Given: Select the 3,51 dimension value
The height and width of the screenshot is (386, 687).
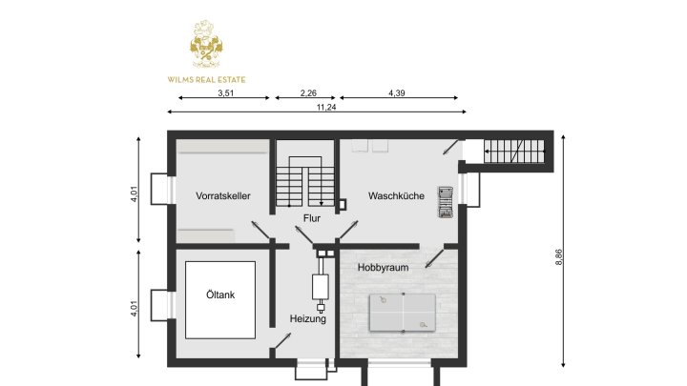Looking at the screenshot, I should pos(225,92).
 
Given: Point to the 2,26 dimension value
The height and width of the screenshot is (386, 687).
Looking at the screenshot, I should pos(307,92).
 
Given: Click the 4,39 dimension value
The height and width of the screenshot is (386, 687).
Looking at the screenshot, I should pos(398,92).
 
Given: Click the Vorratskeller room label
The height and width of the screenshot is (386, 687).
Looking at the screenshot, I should pos(222,196).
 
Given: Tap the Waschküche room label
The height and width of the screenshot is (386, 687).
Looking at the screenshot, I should pos(396,196).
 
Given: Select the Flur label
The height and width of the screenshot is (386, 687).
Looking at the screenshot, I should pos(311,218).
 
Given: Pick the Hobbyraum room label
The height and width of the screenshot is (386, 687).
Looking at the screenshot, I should pos(383,268).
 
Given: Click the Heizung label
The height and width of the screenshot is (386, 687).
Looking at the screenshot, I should pos(308,319).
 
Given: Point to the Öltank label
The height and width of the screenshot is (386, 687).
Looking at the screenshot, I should pos(219,295).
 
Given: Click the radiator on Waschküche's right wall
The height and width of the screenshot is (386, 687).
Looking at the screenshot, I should pos(445,200).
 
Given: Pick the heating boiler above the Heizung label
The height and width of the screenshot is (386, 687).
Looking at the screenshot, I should pos(320,289).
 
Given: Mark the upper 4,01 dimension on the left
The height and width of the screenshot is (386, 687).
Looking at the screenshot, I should pos(135,193).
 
